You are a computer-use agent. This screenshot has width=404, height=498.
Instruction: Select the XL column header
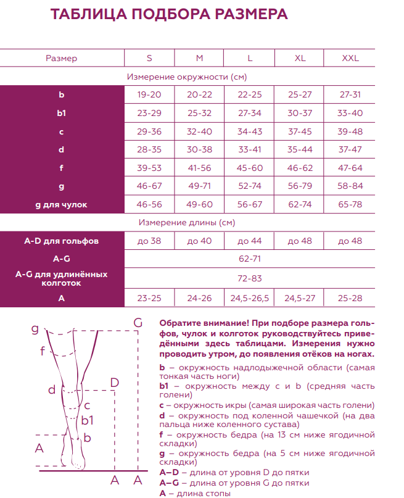[300, 59]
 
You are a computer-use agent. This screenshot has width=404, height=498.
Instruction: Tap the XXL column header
[350, 59]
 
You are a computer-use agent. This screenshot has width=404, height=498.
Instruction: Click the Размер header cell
[62, 59]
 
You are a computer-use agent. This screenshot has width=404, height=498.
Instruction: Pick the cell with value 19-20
[149, 95]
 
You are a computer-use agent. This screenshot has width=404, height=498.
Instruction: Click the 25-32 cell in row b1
[199, 114]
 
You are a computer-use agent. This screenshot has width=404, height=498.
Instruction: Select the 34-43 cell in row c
[250, 131]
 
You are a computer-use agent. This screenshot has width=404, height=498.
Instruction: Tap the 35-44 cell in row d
[300, 150]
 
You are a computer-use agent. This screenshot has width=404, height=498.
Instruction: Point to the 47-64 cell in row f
[350, 168]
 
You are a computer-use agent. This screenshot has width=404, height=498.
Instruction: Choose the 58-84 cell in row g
[350, 186]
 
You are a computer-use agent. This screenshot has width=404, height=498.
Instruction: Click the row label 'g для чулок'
[62, 204]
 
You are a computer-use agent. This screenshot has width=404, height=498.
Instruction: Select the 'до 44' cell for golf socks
[250, 241]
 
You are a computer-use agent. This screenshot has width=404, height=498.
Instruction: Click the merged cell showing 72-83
[250, 278]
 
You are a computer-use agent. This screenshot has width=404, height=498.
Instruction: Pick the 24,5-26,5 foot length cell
[250, 298]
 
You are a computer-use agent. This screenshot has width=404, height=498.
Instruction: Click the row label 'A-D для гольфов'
[62, 241]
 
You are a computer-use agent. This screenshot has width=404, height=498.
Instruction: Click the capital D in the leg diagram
[114, 383]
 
